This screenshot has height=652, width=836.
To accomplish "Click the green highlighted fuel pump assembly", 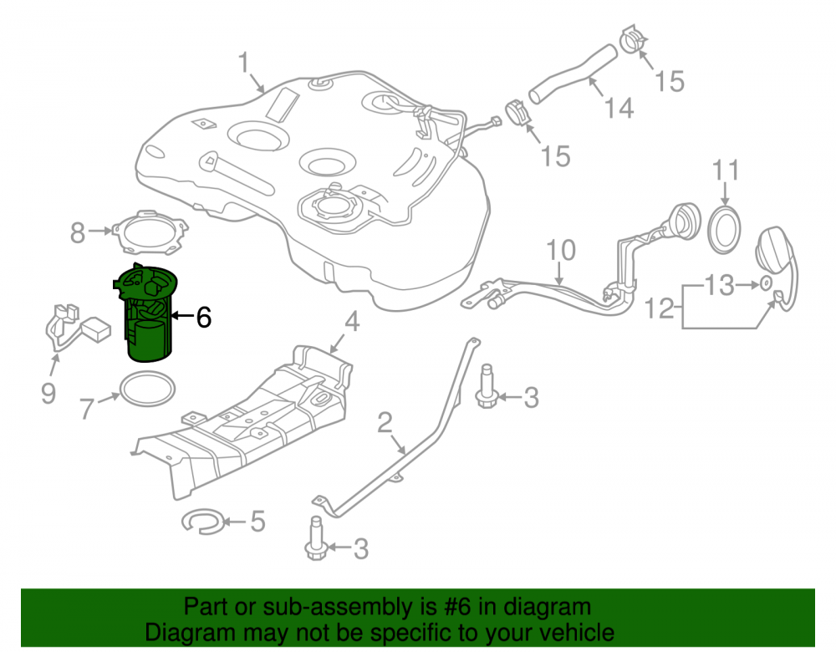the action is click(146, 314).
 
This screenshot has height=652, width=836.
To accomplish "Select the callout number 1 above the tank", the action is click(243, 63).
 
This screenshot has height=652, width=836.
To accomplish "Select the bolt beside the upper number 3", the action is click(487, 386).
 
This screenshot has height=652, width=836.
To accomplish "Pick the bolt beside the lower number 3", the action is click(316, 538).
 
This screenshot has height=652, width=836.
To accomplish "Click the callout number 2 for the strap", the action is click(385, 423).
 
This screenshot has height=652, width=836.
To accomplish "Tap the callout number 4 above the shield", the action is click(352, 322).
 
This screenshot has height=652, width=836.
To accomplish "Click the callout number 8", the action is click(78, 233).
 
